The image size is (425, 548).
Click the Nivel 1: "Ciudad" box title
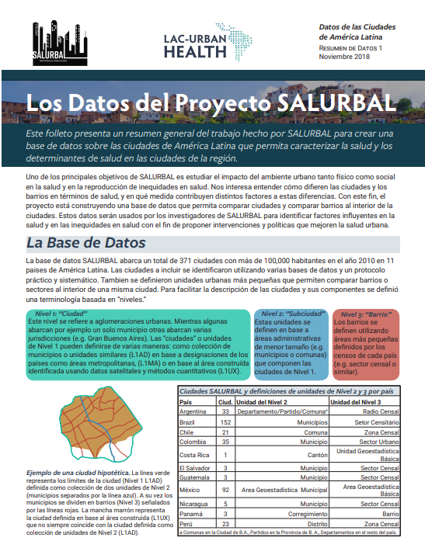point(56,313)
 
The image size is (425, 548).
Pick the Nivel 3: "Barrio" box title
point(362,313)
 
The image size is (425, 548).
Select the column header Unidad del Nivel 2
point(262,402)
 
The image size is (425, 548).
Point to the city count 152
point(225,421)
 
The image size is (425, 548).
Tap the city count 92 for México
point(225,490)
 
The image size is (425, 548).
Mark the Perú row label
point(186,523)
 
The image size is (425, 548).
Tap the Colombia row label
point(193,441)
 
